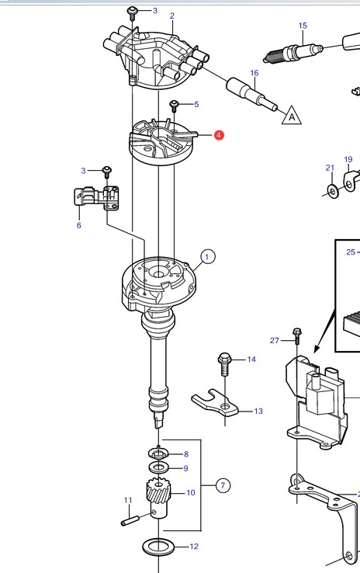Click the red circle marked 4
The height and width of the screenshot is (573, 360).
click(218, 135)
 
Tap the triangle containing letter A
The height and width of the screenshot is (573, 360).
click(292, 116)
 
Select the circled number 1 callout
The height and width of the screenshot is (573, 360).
click(207, 256)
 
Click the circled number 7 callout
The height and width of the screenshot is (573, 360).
click(223, 486)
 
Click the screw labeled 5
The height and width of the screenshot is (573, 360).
click(174, 106)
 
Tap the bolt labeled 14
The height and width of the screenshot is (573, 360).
click(224, 363)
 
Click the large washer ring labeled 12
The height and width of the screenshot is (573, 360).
click(158, 547)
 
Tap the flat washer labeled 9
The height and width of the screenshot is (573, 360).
click(158, 467)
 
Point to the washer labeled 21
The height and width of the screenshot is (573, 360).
click(333, 191)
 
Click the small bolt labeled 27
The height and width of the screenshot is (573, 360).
click(296, 336)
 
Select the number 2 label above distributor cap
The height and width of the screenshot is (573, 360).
click(172, 16)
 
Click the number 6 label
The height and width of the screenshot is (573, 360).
click(79, 225)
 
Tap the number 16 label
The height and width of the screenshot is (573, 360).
click(254, 73)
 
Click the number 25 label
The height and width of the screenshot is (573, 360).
click(351, 252)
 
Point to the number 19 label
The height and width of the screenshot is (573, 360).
click(348, 159)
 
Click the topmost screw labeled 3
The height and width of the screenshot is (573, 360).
click(131, 12)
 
